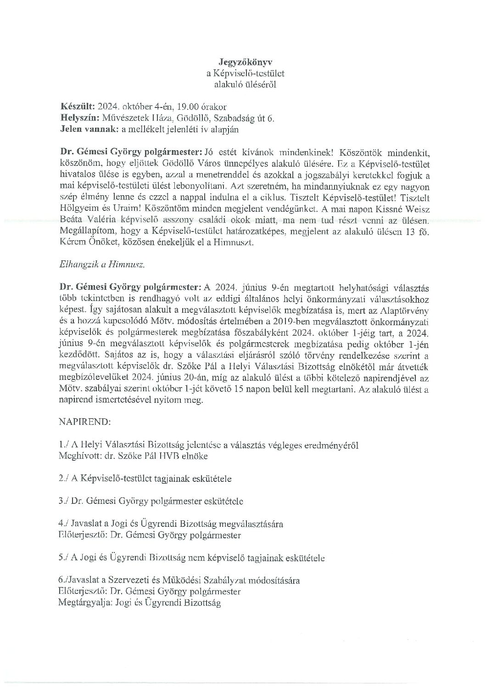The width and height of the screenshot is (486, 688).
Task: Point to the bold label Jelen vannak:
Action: [x=89, y=130]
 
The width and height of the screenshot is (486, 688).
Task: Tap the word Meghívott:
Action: [x=79, y=456]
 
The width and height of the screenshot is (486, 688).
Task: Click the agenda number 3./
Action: [x=65, y=501]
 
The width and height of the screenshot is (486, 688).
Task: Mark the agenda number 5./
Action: [x=65, y=558]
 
